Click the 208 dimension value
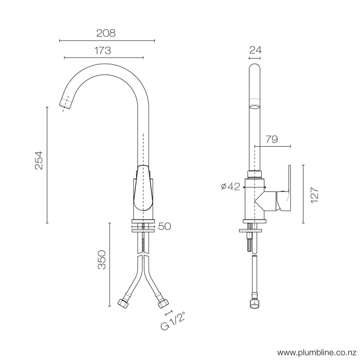[x=106, y=33]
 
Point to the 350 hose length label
[x=102, y=260]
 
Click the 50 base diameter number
[x=165, y=226]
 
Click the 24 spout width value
[x=255, y=50]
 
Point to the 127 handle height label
[x=315, y=195]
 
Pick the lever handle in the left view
[x=143, y=189]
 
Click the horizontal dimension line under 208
[x=107, y=40]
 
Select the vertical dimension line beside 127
[x=303, y=194]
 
